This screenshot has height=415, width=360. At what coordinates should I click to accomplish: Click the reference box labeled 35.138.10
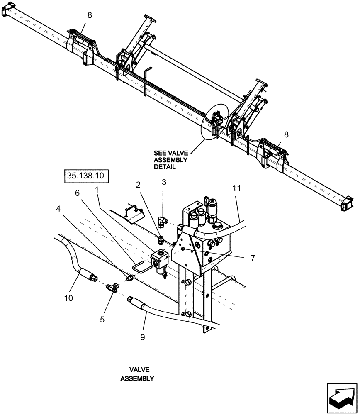point(86,176)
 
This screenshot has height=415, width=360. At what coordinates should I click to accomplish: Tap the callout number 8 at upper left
point(90,15)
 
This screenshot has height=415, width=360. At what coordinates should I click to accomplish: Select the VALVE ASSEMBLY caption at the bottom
point(137,373)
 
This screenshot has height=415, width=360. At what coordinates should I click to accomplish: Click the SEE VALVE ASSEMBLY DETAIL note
point(171,160)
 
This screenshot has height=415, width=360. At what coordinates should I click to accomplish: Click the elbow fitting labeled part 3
point(163,220)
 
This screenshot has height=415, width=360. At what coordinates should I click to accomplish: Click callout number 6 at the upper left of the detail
point(77,193)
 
